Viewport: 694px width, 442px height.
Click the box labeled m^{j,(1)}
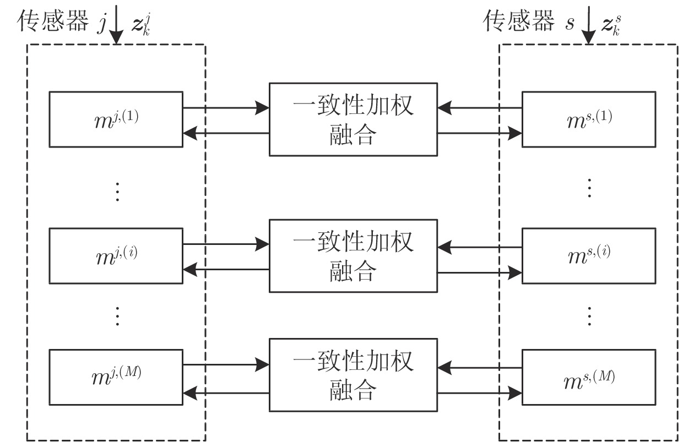click(x=116, y=119)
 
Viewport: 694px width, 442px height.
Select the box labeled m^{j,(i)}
click(x=116, y=255)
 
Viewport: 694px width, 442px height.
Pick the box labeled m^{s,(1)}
click(x=589, y=119)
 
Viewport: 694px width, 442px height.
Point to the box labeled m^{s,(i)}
click(x=589, y=255)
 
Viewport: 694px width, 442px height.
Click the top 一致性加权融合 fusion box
click(x=353, y=119)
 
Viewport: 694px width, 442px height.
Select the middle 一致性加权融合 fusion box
click(x=353, y=255)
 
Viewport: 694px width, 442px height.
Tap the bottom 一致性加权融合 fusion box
click(x=353, y=375)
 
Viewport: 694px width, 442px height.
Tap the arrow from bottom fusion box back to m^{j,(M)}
click(x=226, y=391)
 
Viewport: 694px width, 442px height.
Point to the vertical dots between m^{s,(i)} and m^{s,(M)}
click(x=589, y=316)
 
